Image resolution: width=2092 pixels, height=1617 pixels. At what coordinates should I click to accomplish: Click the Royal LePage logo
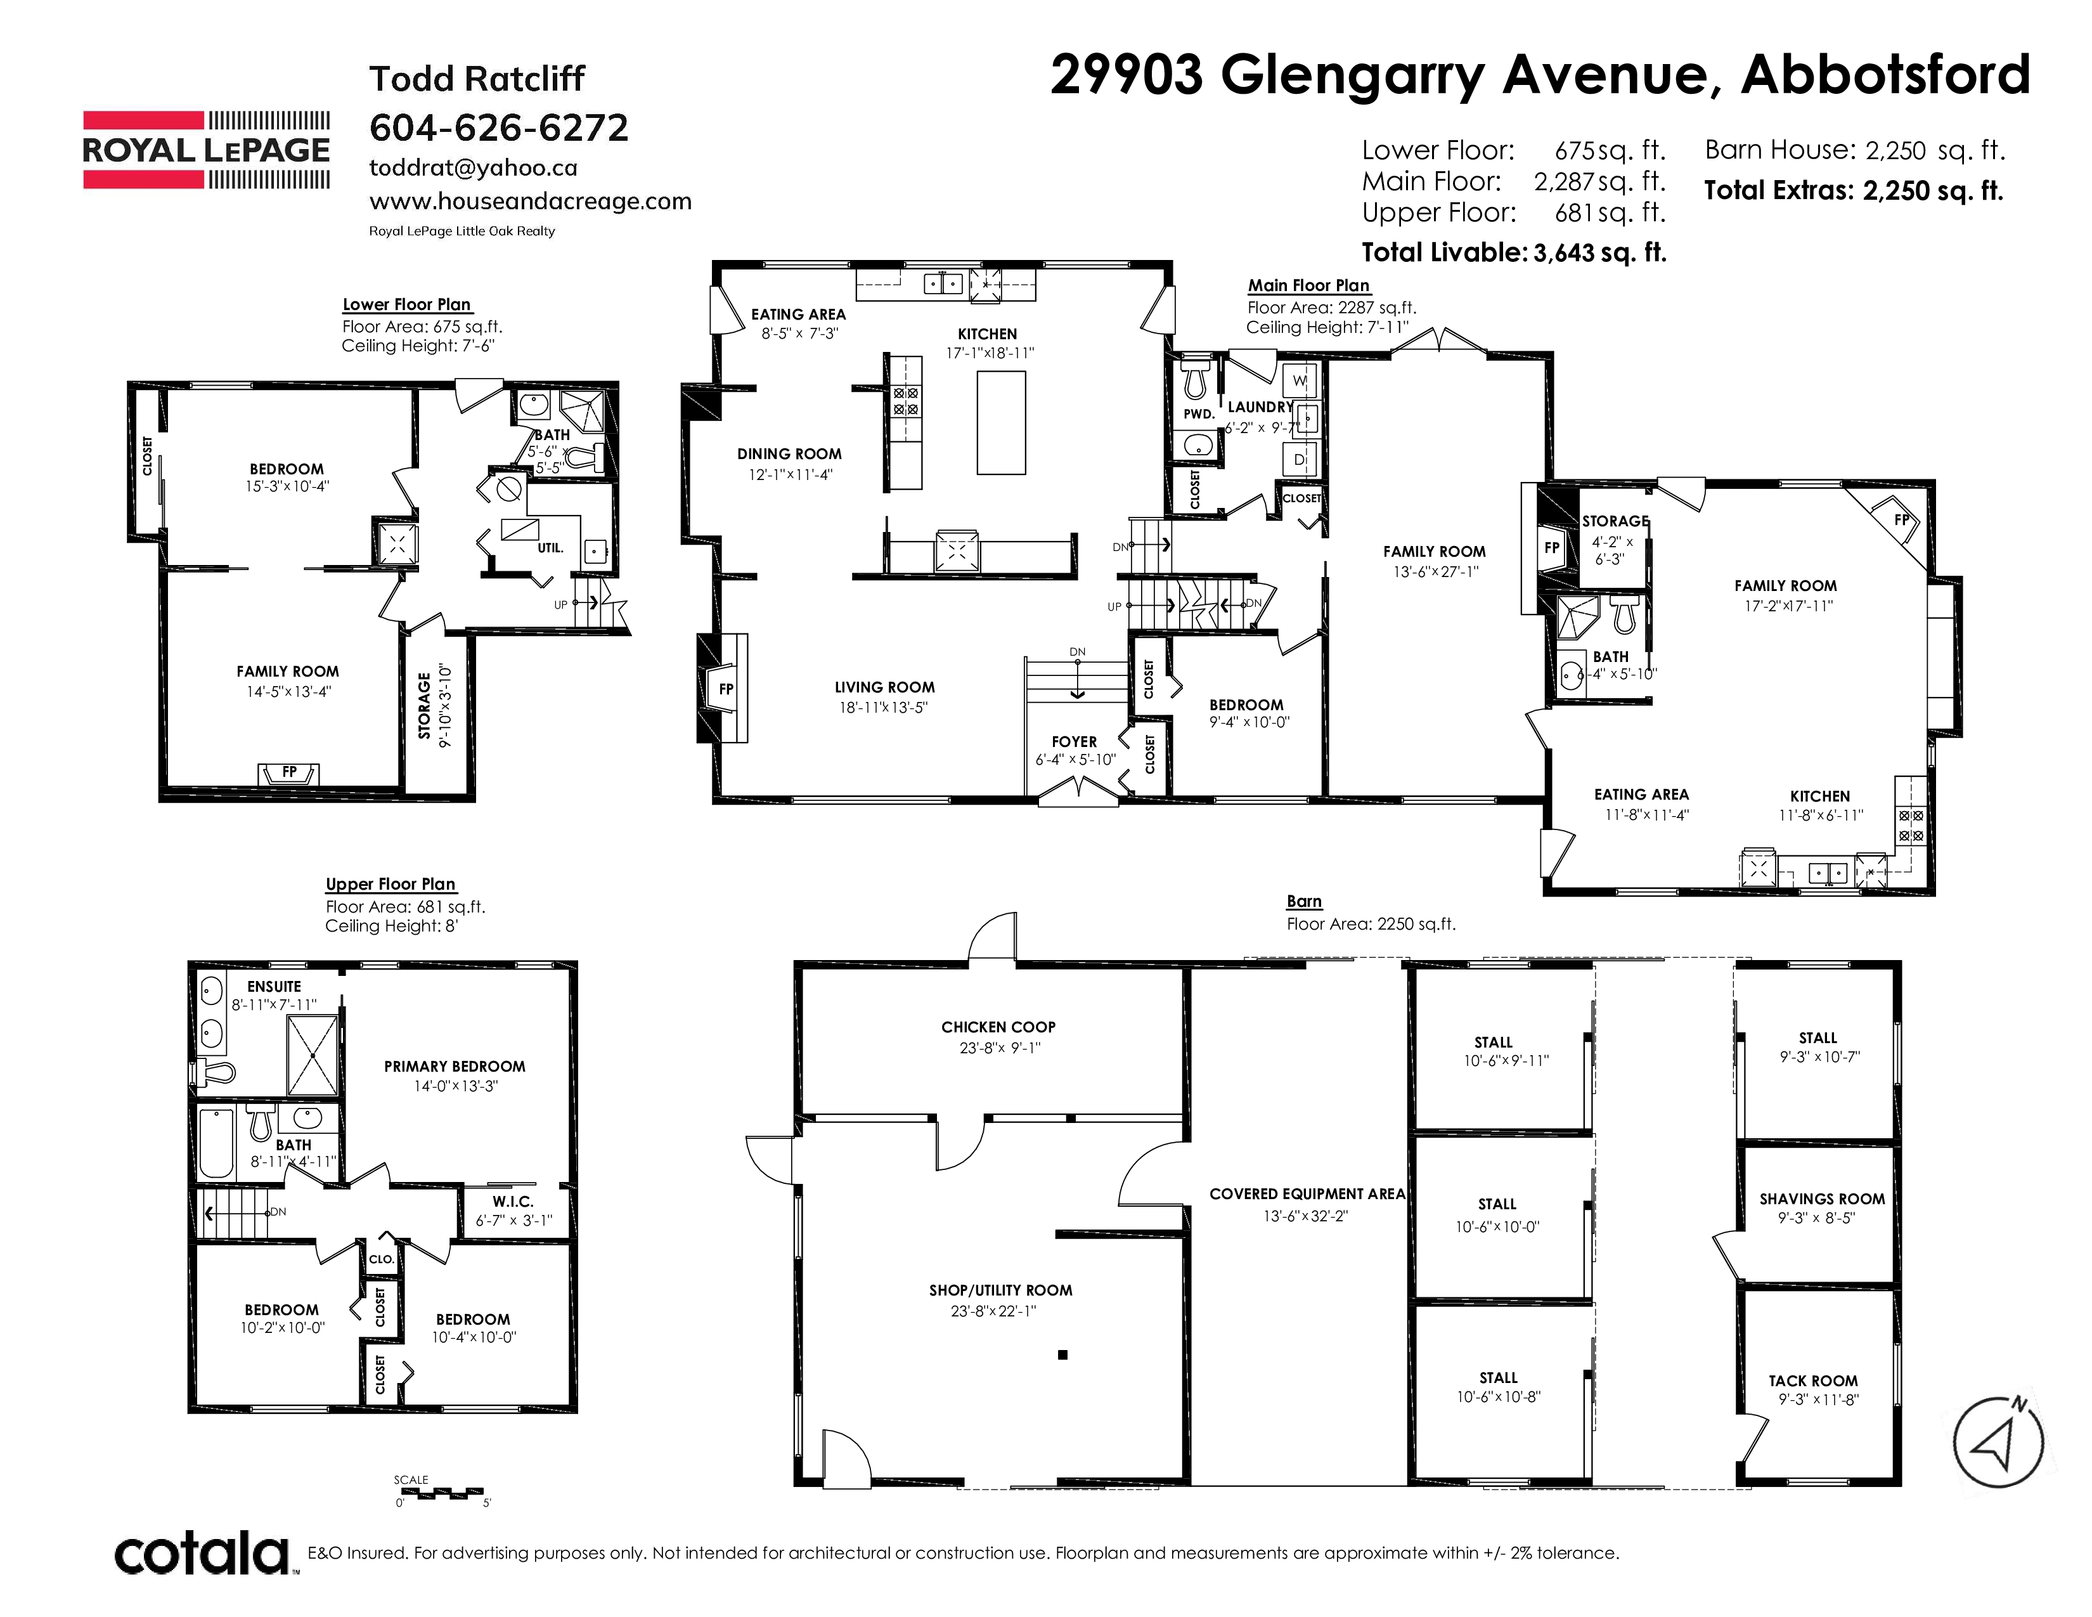206,150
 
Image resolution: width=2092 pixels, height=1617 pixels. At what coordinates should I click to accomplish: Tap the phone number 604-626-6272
499,127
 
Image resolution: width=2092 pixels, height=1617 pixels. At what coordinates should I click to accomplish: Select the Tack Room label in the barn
1813,1380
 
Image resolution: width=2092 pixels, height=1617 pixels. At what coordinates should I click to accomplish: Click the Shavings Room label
1822,1199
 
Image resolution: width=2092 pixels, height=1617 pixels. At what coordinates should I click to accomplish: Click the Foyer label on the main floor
1074,741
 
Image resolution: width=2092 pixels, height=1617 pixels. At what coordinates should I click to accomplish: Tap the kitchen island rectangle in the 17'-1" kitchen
1001,422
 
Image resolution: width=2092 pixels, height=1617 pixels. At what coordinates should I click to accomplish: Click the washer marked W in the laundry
1300,381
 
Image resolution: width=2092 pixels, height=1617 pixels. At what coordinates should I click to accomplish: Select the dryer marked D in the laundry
1300,460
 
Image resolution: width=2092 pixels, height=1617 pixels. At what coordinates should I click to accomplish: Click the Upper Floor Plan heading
390,884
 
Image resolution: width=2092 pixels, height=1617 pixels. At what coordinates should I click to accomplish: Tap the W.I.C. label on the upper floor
512,1201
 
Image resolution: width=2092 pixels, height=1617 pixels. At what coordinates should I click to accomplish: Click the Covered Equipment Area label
1307,1193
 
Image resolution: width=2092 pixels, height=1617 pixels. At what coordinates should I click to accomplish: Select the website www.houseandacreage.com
531,201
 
